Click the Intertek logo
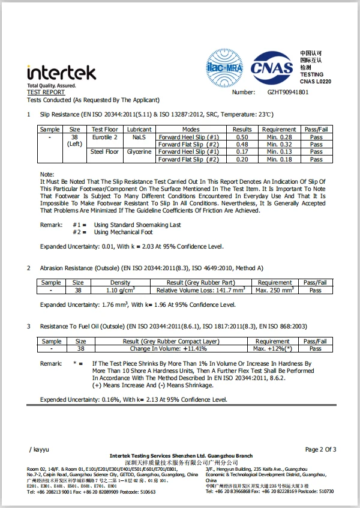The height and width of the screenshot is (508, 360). point(61,73)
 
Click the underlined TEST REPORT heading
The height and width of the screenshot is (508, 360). point(46,93)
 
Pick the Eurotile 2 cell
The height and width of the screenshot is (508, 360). point(104,137)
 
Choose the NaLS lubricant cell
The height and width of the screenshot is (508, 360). point(139,137)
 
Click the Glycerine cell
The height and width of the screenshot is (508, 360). point(139,152)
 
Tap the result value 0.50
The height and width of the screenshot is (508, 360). point(242,137)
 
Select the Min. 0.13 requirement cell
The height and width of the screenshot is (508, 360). point(279,152)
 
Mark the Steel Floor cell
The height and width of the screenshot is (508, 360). point(104,152)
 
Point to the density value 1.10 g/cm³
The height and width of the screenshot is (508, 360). point(120,291)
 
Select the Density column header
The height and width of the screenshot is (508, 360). point(120,283)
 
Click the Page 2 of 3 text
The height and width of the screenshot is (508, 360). point(320,449)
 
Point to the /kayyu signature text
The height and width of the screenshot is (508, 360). point(40,449)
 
